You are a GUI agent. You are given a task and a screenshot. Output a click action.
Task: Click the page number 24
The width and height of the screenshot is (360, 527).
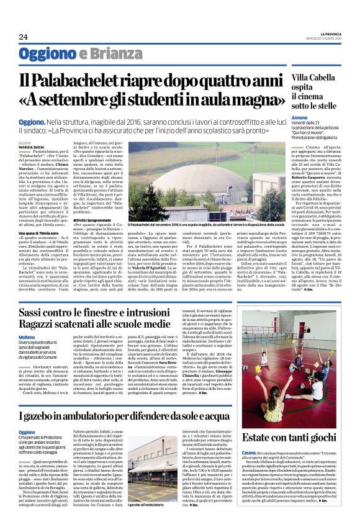[23, 36]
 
